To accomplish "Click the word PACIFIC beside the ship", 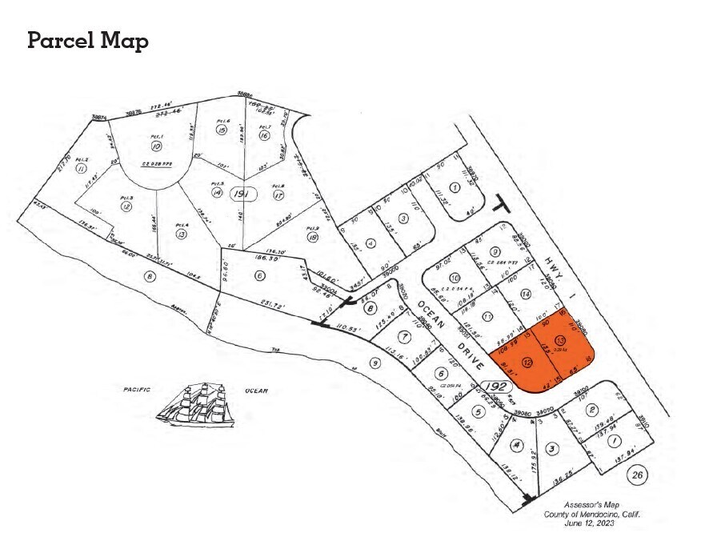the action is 138,390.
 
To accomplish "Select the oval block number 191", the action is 239,194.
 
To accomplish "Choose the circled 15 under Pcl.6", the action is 222,130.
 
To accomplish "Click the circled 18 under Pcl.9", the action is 312,237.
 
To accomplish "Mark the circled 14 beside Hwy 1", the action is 525,295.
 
